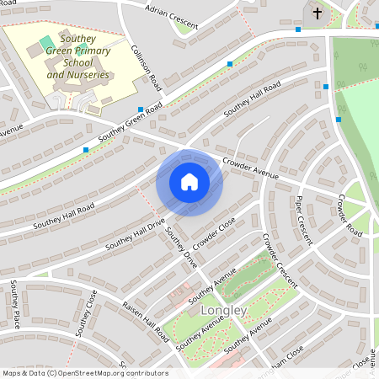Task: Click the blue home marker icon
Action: (189, 182)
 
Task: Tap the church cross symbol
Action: (318, 13)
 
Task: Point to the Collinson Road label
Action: (147, 67)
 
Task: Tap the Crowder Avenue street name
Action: (249, 168)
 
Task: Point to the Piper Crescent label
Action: (305, 221)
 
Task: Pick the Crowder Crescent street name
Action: (280, 261)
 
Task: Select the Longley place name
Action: (224, 311)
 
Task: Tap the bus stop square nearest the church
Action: (298, 29)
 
